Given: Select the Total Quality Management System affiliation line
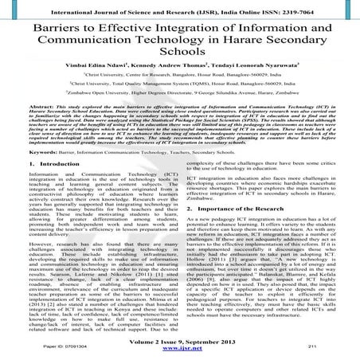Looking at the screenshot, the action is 179,104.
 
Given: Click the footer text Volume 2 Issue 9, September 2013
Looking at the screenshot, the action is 179,338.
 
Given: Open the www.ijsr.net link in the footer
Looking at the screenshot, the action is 179,349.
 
